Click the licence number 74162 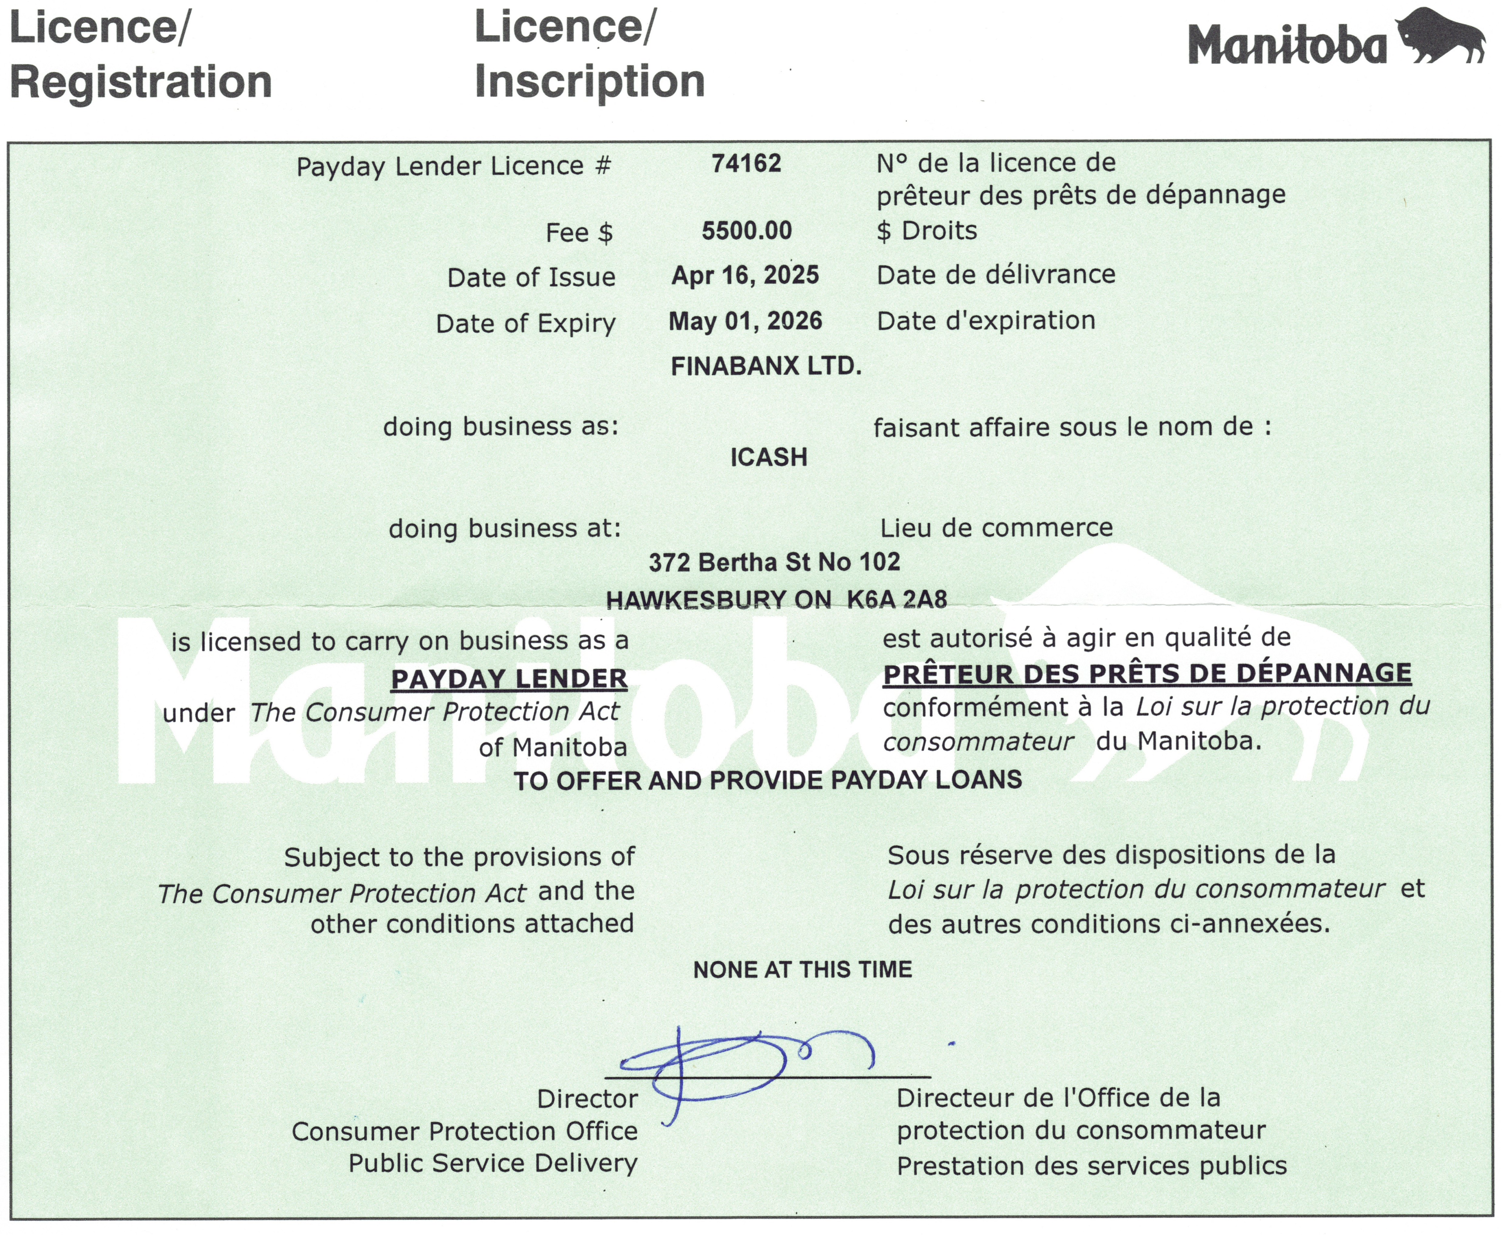click(746, 164)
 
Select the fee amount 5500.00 click(747, 231)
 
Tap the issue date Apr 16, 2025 click(745, 275)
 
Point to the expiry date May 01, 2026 click(745, 321)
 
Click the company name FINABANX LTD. click(766, 366)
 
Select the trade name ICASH click(769, 457)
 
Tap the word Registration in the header click(141, 81)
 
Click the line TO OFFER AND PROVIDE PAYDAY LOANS click(768, 780)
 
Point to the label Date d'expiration click(986, 321)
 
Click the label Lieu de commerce click(996, 528)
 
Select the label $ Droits click(927, 231)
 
